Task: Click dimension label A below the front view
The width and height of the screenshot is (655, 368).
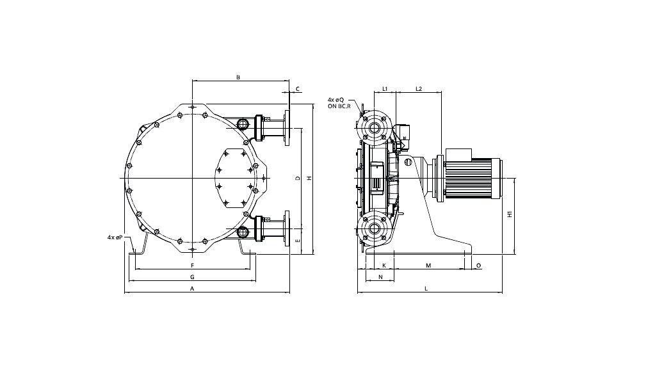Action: [192, 289]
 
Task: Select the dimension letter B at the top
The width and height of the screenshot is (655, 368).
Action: [238, 77]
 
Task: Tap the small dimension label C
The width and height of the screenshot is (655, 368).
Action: [297, 89]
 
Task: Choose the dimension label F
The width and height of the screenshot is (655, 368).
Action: [192, 264]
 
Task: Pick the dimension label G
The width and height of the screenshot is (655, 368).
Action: [192, 277]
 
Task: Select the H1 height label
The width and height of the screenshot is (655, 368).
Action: [510, 214]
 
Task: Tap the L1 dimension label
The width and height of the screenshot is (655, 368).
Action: [385, 88]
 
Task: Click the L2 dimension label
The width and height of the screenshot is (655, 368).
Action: [418, 88]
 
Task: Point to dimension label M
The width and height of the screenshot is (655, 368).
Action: [428, 264]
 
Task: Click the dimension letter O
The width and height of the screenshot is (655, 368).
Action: [478, 264]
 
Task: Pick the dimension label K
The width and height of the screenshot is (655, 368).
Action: [384, 264]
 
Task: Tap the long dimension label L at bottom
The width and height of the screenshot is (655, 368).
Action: [426, 289]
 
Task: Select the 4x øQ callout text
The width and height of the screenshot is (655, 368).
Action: [336, 100]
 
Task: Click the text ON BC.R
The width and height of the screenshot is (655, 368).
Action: [336, 107]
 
